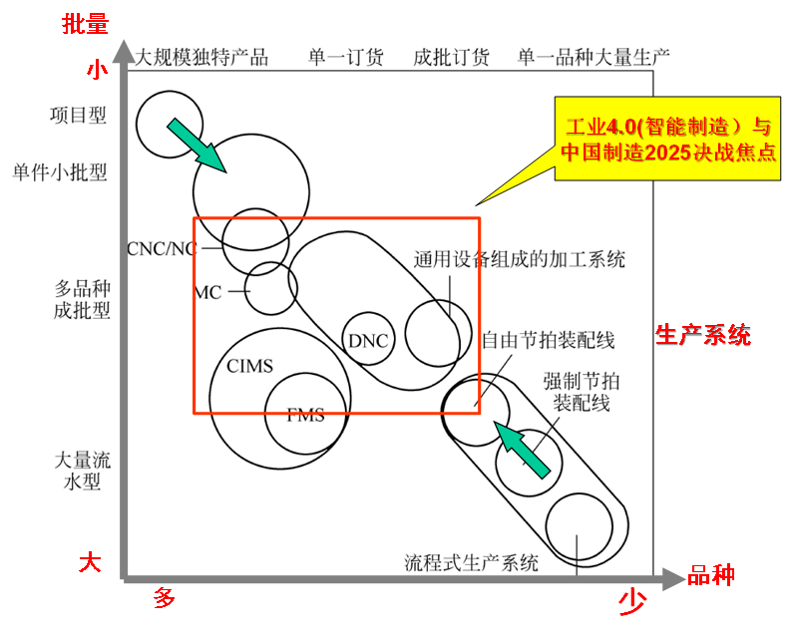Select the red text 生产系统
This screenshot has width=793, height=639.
tap(702, 335)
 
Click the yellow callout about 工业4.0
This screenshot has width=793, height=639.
tap(667, 141)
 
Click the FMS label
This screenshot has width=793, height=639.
tap(305, 415)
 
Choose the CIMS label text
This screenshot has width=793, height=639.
tap(249, 366)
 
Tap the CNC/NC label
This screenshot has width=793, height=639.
tap(163, 246)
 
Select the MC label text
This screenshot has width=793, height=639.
tap(207, 292)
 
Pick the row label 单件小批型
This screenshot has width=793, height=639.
tap(60, 172)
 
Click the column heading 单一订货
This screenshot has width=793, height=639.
tap(345, 57)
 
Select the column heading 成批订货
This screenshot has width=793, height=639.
tap(451, 57)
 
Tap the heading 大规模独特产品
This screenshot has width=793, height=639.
tap(202, 57)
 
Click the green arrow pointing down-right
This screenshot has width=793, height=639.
tap(197, 146)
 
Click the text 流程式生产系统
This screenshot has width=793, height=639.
tap(471, 562)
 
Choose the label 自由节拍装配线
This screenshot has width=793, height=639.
tap(548, 341)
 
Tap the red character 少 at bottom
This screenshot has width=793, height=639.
tap(629, 600)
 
